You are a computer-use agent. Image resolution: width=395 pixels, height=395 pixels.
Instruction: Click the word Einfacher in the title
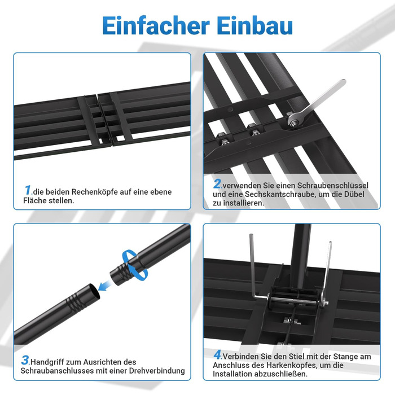point(156,25)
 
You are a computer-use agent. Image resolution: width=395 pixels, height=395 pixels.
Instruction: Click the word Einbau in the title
point(254,25)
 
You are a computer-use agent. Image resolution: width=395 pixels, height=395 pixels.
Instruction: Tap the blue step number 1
point(28,190)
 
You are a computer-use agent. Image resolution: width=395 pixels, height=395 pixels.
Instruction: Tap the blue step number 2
point(217,183)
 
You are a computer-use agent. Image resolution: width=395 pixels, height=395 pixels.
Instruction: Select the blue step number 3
point(25,360)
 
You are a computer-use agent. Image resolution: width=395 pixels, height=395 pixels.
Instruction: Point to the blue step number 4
point(217,354)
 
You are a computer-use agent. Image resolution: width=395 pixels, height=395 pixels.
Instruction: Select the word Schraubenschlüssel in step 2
point(332,186)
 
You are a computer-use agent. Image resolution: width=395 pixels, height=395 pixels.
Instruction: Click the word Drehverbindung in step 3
point(157,371)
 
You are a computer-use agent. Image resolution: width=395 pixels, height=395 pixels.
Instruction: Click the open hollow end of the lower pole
point(93,291)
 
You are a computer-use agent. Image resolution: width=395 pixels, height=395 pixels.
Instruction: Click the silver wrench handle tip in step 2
point(343,82)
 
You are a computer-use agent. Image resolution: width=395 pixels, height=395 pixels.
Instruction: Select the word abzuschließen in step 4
point(281,374)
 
